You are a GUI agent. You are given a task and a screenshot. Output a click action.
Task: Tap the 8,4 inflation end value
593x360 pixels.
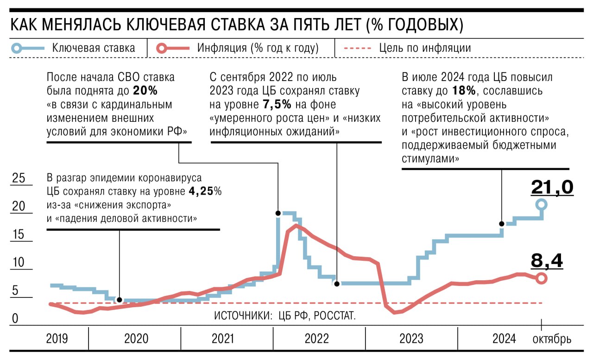click(x=547, y=261)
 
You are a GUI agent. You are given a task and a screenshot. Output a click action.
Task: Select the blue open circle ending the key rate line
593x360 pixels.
click(x=541, y=204)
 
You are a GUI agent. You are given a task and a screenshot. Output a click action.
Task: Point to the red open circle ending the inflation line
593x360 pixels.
click(x=541, y=278)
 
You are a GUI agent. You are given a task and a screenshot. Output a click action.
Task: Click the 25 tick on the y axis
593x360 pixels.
click(x=18, y=178)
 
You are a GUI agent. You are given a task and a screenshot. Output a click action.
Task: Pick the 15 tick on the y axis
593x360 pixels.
click(x=18, y=235)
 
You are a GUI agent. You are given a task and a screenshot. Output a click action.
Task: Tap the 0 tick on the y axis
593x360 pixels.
click(x=15, y=319)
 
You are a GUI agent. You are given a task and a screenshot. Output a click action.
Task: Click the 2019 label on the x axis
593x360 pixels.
click(x=57, y=339)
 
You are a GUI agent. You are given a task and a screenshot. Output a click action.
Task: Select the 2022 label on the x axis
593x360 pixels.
click(x=317, y=339)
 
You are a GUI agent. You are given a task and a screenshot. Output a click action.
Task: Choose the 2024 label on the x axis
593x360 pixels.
click(x=504, y=339)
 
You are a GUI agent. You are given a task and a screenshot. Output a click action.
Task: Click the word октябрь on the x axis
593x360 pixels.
click(x=552, y=339)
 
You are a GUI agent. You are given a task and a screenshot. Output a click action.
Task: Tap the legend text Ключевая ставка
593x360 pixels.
click(x=94, y=48)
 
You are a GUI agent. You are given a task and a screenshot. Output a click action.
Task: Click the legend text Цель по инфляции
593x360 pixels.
click(x=425, y=48)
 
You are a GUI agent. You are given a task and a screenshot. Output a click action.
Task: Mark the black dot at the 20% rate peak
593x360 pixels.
click(x=278, y=213)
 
